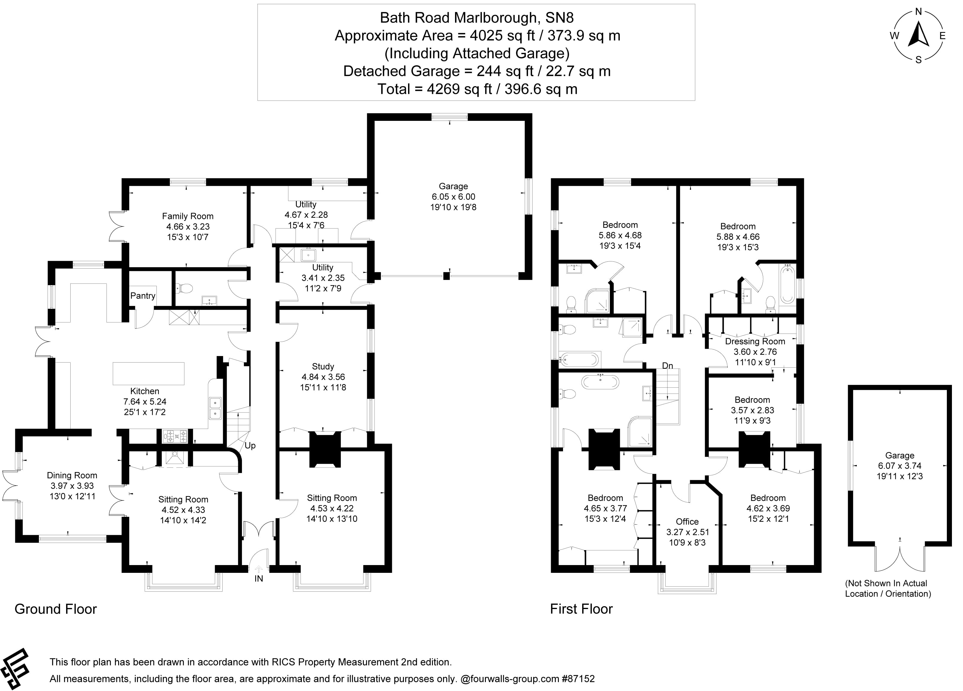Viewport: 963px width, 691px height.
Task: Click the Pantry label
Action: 143,296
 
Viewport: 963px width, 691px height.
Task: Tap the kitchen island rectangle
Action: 149,374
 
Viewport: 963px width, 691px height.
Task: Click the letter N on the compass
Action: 918,12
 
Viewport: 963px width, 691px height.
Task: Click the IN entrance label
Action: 258,579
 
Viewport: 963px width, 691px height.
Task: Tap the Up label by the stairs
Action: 250,446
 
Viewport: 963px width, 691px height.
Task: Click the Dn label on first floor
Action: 667,366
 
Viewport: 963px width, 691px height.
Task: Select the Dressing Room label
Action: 755,341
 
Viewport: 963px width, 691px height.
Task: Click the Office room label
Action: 687,522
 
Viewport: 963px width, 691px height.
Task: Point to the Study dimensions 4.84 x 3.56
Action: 323,377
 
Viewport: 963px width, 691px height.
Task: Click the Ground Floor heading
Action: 56,609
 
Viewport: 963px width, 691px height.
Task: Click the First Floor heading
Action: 581,609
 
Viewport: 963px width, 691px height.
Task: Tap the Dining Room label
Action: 72,475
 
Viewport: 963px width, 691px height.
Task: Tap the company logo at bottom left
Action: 15,669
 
